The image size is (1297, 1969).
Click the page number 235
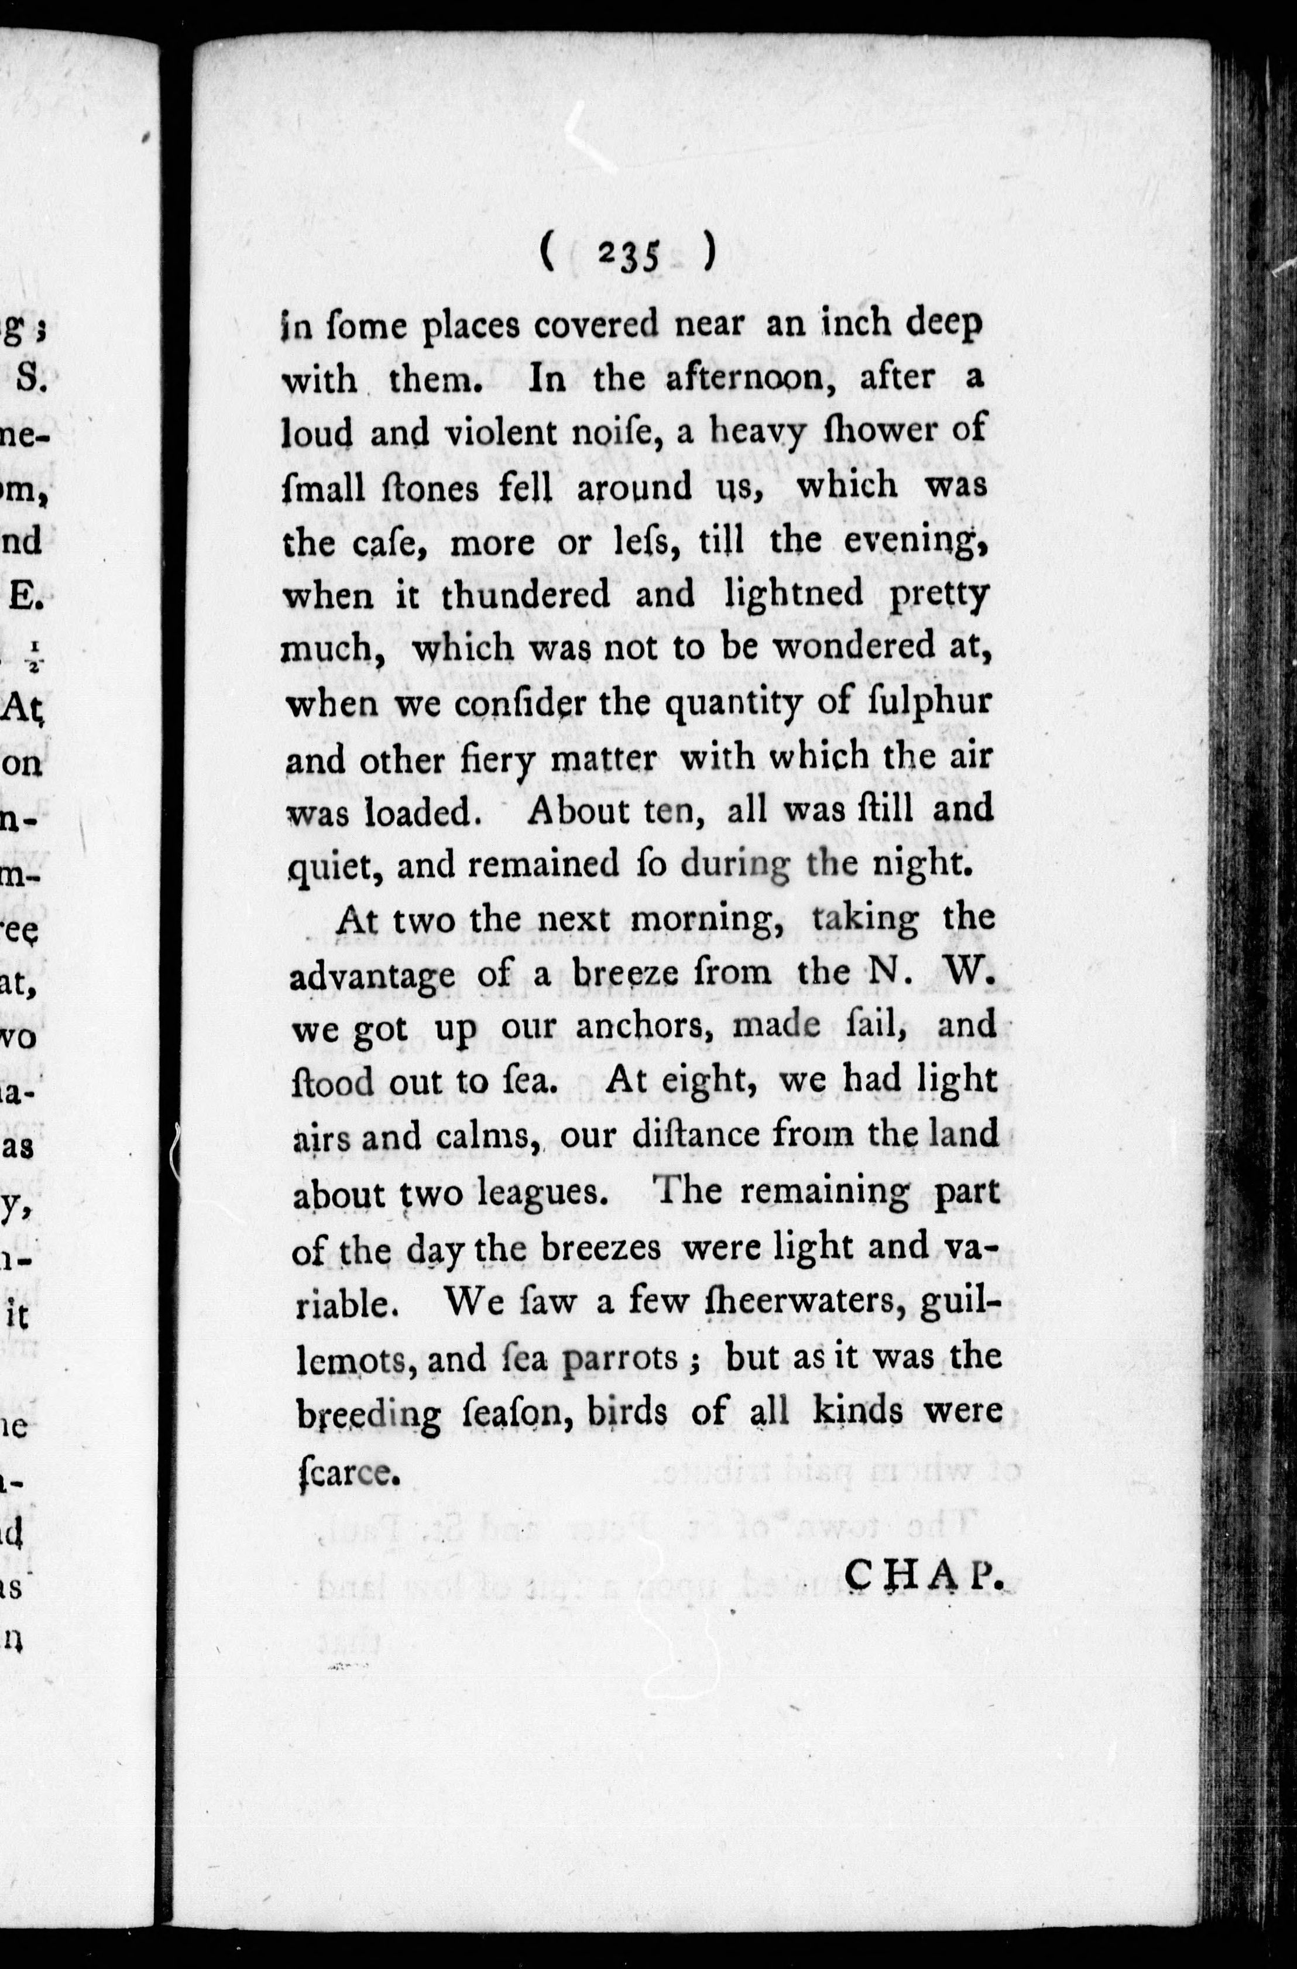coord(628,256)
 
